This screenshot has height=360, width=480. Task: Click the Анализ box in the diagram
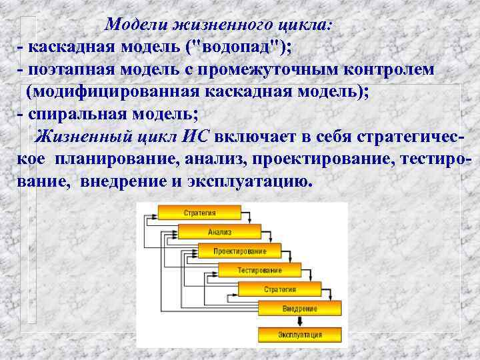[x=219, y=233]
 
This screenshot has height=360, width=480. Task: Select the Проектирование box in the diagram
[x=240, y=251]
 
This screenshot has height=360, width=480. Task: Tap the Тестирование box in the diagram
[x=259, y=271]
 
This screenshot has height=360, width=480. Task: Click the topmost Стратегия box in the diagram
[x=199, y=213]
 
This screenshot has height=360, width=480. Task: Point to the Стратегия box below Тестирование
[x=279, y=289]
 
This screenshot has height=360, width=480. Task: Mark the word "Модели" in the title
[x=135, y=25]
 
